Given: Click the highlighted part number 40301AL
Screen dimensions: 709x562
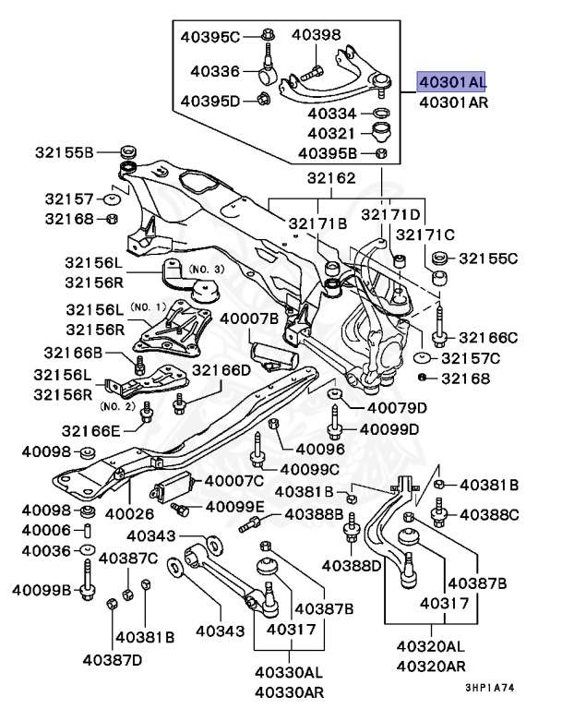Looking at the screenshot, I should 452,81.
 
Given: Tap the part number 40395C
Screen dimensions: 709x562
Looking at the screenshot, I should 209,37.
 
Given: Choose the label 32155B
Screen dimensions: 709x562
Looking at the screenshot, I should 65,151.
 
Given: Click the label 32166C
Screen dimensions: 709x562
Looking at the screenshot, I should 488,338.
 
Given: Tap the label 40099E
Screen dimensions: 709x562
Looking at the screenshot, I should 234,506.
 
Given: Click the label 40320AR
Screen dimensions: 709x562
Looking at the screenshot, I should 430,666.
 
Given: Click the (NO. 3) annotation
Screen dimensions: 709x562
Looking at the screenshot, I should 206,269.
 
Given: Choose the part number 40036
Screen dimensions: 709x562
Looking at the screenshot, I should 46,550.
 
